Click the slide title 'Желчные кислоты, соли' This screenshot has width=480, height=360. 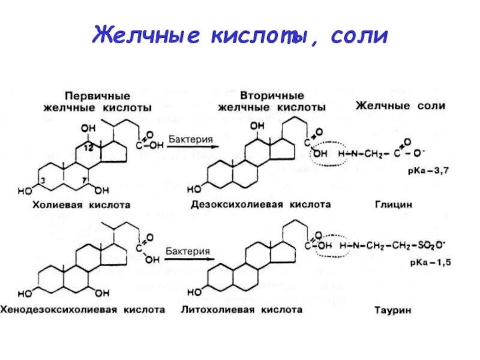[x=240, y=35]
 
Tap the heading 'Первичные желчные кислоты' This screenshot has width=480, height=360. [x=97, y=101]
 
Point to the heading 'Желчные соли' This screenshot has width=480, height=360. [x=400, y=106]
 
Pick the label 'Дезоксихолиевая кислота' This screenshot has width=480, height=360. [x=260, y=204]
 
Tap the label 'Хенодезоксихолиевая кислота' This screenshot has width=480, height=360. [x=84, y=310]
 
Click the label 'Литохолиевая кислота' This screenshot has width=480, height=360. [x=241, y=310]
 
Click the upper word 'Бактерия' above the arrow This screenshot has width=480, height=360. [x=190, y=139]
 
